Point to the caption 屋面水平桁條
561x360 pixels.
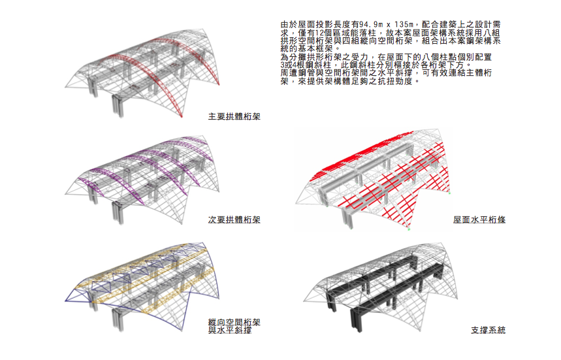(x=479, y=220)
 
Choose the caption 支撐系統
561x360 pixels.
(x=488, y=331)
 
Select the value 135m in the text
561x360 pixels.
(x=405, y=24)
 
